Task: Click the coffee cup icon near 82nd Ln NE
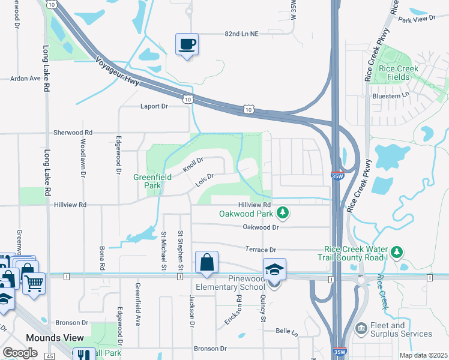pos(187,44)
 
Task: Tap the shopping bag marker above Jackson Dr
pos(206,262)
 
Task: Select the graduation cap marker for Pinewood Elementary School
pos(274,269)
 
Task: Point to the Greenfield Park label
pos(147,181)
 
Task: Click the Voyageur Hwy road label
pos(117,70)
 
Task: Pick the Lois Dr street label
pos(206,179)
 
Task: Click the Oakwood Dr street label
pos(261,227)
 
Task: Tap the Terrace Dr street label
pos(260,249)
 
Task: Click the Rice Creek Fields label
pos(399,73)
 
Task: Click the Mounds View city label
pos(55,338)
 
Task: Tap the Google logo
pos(20,353)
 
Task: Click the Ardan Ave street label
pos(25,78)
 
